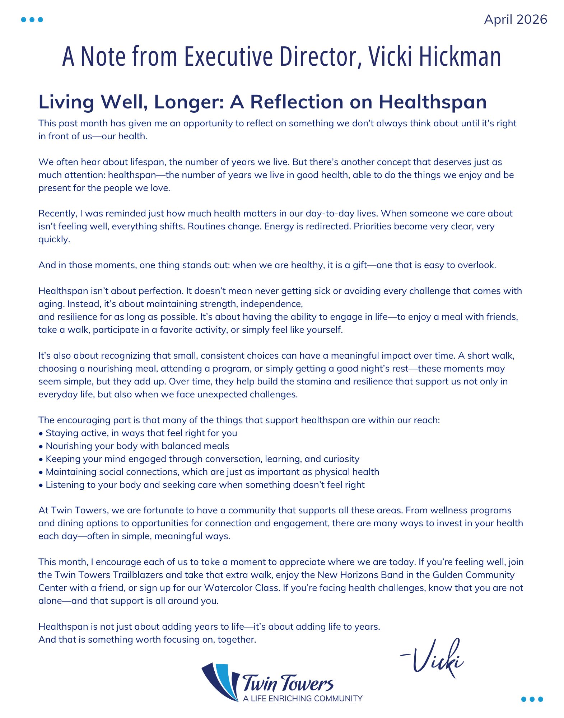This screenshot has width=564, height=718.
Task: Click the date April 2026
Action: pyautogui.click(x=515, y=19)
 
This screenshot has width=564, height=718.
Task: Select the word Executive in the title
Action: pyautogui.click(x=228, y=56)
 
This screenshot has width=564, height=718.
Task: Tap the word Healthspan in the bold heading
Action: pyautogui.click(x=433, y=102)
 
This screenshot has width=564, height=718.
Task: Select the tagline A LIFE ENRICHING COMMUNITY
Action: pyautogui.click(x=302, y=698)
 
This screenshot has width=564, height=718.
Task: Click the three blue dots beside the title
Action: pyautogui.click(x=32, y=20)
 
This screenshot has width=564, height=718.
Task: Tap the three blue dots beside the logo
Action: pyautogui.click(x=532, y=699)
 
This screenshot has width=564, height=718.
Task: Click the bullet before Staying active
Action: pyautogui.click(x=41, y=434)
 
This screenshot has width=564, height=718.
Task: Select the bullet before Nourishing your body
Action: pyautogui.click(x=41, y=447)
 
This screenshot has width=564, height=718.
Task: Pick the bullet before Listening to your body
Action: pyautogui.click(x=41, y=485)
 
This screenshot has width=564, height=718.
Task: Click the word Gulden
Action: pyautogui.click(x=448, y=575)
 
